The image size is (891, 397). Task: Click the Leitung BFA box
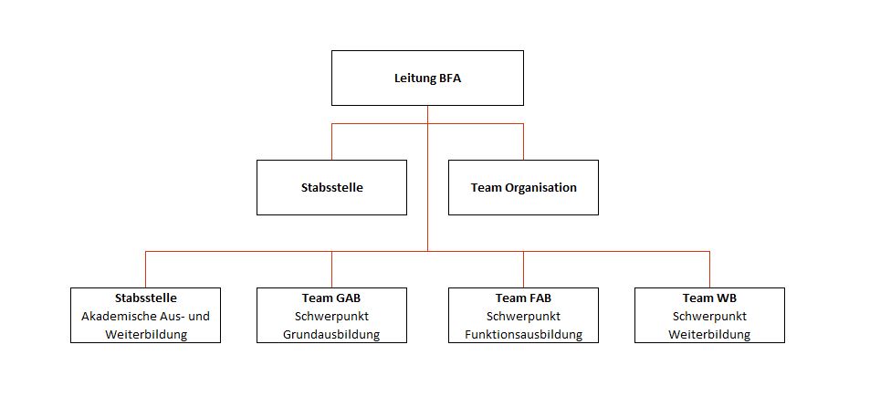pyautogui.click(x=427, y=78)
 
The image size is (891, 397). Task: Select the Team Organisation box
pyautogui.click(x=523, y=188)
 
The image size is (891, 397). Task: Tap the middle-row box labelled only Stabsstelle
pyautogui.click(x=331, y=188)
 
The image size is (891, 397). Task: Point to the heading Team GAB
pyautogui.click(x=331, y=298)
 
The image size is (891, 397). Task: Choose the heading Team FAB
pyautogui.click(x=523, y=298)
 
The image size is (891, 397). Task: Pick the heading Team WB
pyautogui.click(x=709, y=298)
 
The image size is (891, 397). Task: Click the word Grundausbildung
pyautogui.click(x=331, y=334)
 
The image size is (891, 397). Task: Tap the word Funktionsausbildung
pyautogui.click(x=523, y=334)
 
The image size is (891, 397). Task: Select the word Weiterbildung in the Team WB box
pyautogui.click(x=709, y=334)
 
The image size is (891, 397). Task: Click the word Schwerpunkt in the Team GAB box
pyautogui.click(x=331, y=316)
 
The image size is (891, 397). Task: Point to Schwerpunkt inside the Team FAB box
pyautogui.click(x=523, y=316)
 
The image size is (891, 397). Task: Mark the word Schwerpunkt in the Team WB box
pyautogui.click(x=709, y=316)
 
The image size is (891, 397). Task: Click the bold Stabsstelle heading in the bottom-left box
pyautogui.click(x=146, y=298)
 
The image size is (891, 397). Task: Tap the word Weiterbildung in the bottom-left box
pyautogui.click(x=146, y=334)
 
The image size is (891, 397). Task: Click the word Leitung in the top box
pyautogui.click(x=414, y=78)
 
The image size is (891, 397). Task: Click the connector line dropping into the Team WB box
pyautogui.click(x=709, y=269)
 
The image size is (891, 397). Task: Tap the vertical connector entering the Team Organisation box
pyautogui.click(x=523, y=142)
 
